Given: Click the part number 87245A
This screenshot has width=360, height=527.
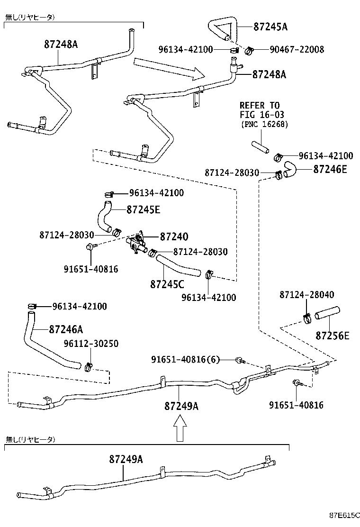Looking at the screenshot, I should [270, 27].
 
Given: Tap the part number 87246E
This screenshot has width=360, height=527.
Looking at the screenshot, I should [330, 169].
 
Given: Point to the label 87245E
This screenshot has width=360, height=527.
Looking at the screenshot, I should [143, 210].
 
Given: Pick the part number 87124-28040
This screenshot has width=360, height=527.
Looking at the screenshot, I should [306, 295].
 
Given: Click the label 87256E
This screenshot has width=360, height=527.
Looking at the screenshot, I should [332, 336].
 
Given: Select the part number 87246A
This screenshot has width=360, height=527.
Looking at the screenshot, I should [66, 329].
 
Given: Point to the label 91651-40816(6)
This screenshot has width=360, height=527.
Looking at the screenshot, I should [186, 359].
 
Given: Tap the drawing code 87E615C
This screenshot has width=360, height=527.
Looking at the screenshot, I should [345, 515].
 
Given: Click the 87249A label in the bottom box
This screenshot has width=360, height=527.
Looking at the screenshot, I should [126, 459].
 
